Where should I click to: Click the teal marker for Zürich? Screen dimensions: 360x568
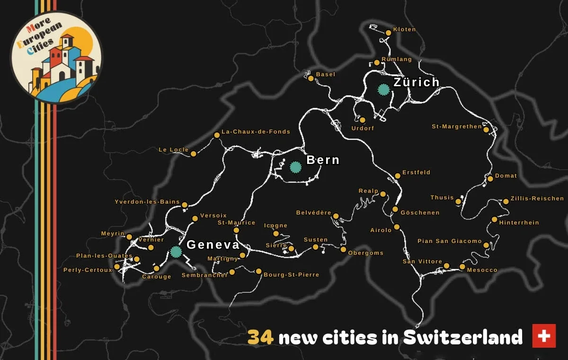[x=383, y=89]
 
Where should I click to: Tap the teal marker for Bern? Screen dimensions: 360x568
[x=295, y=167]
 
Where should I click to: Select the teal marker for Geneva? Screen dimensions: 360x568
[x=176, y=252]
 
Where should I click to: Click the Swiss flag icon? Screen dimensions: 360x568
[x=544, y=336]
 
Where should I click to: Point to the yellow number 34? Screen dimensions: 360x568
[x=260, y=338]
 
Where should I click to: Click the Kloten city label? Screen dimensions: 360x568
[x=404, y=29]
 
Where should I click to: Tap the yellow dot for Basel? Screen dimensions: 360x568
[x=311, y=78]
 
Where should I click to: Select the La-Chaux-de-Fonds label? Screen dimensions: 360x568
[x=256, y=132]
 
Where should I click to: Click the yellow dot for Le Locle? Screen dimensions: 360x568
[x=193, y=153]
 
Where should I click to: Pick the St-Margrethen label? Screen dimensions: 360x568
[x=456, y=126]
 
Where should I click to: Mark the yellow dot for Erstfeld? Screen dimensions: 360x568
[x=398, y=176]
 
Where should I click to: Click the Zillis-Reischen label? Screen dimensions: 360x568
[x=537, y=198]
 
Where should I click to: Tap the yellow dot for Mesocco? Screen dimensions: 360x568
[x=462, y=267]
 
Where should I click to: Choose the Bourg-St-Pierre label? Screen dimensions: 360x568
[x=291, y=275]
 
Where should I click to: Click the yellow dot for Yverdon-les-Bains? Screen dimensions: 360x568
[x=185, y=205]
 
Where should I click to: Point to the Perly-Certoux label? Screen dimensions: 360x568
[x=88, y=270]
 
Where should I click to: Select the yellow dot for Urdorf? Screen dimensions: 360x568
[x=363, y=120]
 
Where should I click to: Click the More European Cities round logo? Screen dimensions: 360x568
[x=56, y=57]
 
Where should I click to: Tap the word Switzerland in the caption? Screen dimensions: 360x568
[x=462, y=338]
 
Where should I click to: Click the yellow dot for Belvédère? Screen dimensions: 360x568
[x=336, y=216]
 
